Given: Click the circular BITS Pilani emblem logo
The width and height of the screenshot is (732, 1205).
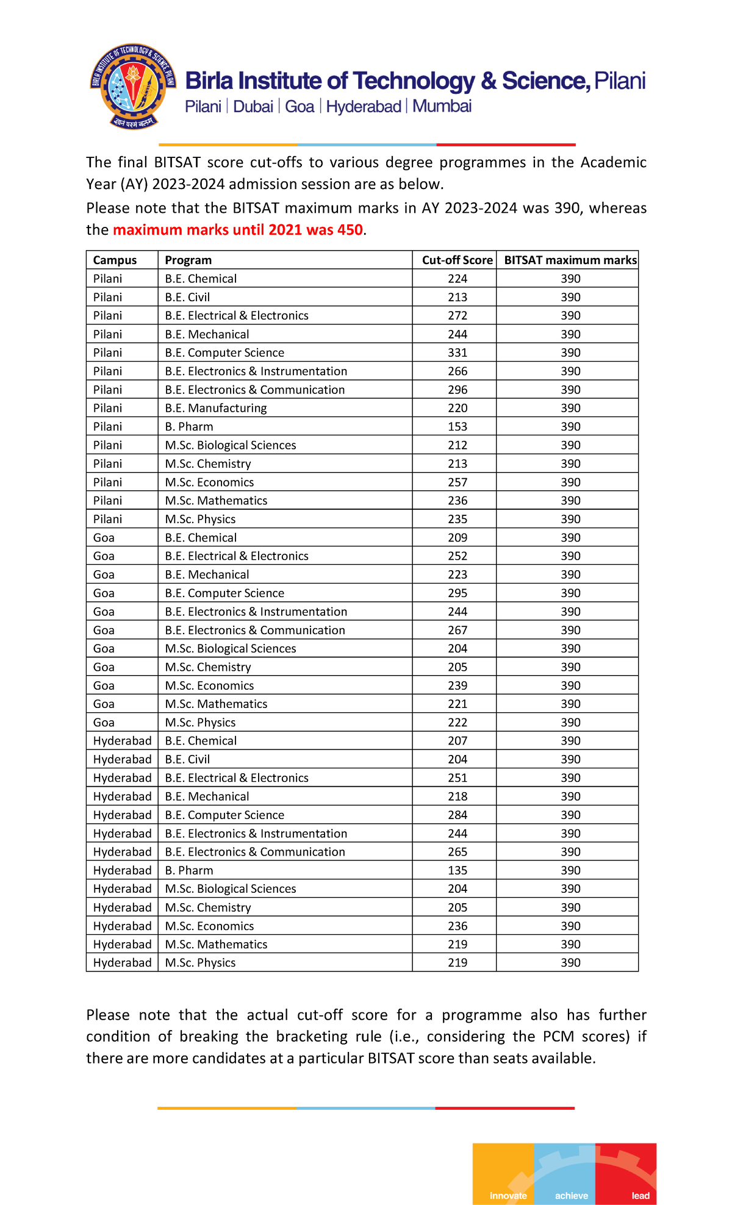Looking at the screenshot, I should pyautogui.click(x=134, y=86).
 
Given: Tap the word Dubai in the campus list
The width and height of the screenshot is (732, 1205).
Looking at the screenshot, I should pyautogui.click(x=253, y=107).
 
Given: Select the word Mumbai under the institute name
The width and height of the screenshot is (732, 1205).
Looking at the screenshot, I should pyautogui.click(x=442, y=107).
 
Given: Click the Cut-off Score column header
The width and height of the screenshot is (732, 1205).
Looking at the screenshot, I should pyautogui.click(x=457, y=260).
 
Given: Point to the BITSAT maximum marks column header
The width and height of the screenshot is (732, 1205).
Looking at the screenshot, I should pyautogui.click(x=570, y=260).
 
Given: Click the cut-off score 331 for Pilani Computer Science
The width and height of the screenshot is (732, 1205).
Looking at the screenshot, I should pyautogui.click(x=457, y=353).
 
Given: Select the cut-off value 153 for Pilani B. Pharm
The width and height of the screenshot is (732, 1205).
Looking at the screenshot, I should pyautogui.click(x=457, y=427).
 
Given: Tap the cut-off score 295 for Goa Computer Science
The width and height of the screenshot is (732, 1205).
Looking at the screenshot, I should pyautogui.click(x=457, y=593).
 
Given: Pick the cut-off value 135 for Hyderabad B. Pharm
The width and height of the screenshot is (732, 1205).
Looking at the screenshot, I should pyautogui.click(x=457, y=871).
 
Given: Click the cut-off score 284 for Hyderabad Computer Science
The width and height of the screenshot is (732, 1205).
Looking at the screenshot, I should pyautogui.click(x=457, y=815).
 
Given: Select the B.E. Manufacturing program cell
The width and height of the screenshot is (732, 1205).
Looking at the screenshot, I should pyautogui.click(x=215, y=409).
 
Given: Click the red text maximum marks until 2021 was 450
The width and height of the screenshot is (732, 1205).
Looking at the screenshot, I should pyautogui.click(x=238, y=230).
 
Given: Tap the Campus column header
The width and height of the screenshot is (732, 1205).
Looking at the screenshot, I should pyautogui.click(x=115, y=260).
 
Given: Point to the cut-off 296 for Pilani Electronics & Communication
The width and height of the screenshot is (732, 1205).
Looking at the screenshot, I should pyautogui.click(x=457, y=390).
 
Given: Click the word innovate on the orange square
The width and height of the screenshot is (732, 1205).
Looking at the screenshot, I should pyautogui.click(x=508, y=1195).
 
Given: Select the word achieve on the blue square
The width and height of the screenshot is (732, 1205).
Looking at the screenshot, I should pyautogui.click(x=571, y=1195).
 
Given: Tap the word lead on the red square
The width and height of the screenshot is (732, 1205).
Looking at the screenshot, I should pyautogui.click(x=640, y=1195).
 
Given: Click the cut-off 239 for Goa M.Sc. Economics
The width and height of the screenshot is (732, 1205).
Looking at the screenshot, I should pyautogui.click(x=457, y=686).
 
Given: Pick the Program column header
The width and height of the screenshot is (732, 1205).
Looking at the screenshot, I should pyautogui.click(x=188, y=260).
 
